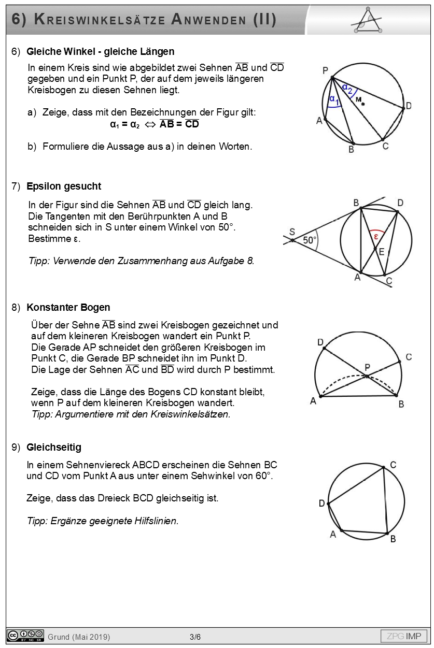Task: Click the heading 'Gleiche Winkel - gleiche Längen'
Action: [x=100, y=52]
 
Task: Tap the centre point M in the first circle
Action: [x=363, y=104]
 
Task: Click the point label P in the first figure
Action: [x=325, y=70]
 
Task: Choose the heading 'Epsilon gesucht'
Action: [x=64, y=186]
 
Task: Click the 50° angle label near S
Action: [x=310, y=240]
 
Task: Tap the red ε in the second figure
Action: [x=376, y=236]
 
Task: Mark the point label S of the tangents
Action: [x=292, y=232]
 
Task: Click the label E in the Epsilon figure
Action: [x=382, y=252]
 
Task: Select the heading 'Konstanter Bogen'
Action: [x=68, y=308]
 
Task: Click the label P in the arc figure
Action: [x=367, y=367]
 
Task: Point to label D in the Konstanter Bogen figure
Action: [x=320, y=342]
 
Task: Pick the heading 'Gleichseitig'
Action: [x=54, y=448]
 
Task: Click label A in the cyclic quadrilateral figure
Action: [x=333, y=535]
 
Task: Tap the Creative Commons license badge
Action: [x=25, y=636]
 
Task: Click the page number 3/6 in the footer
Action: [x=195, y=637]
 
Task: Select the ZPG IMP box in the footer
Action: [x=404, y=636]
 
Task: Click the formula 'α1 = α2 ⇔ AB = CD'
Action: [x=155, y=124]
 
